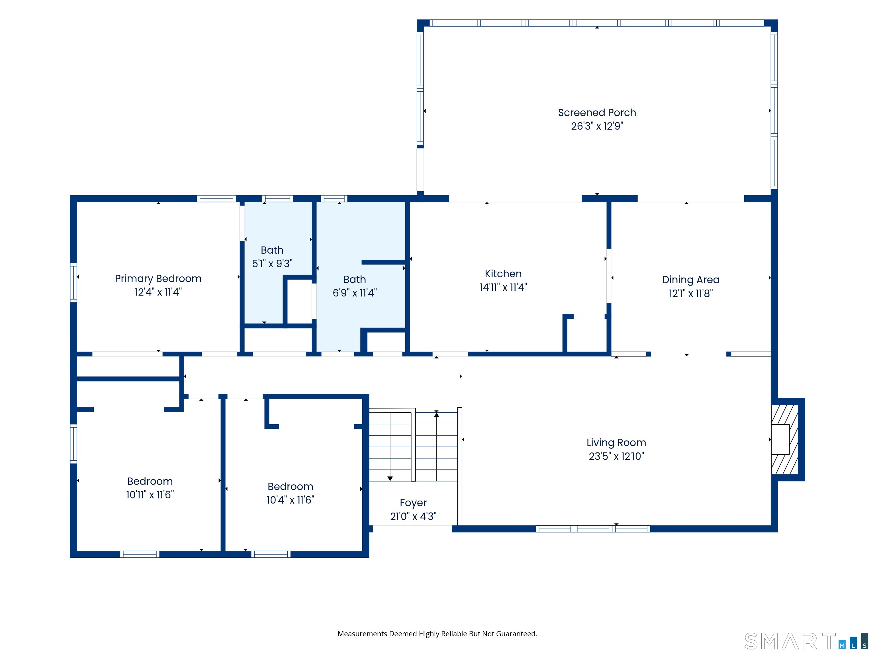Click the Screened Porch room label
click(x=597, y=113)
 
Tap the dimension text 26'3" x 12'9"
click(x=597, y=126)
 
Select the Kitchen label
click(x=503, y=274)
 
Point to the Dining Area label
click(x=691, y=280)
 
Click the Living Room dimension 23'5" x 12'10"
click(x=616, y=456)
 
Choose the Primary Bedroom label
click(x=158, y=279)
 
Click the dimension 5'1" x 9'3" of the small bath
click(x=272, y=263)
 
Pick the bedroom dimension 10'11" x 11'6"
click(x=150, y=495)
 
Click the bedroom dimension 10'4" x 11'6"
click(x=290, y=500)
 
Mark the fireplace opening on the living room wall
click(x=780, y=439)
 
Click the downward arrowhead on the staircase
click(x=390, y=478)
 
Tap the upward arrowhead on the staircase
click(x=437, y=414)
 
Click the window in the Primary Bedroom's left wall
click(x=73, y=283)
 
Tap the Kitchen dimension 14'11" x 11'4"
click(x=503, y=287)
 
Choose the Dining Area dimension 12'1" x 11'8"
click(x=691, y=293)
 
